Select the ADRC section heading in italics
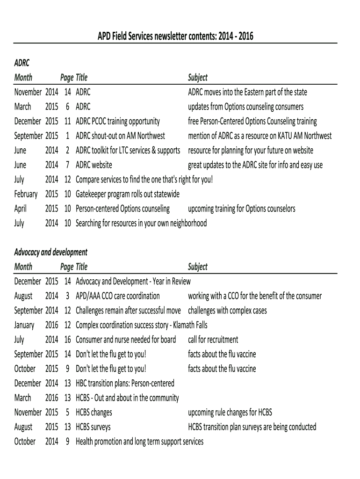coord(22,63)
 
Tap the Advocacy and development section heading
coord(50,252)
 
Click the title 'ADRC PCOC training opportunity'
coord(117,121)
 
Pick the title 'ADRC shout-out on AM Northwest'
coord(120,136)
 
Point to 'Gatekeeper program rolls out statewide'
coord(127,194)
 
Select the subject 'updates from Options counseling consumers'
coord(245,107)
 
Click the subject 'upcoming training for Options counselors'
coord(241,208)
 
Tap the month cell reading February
coord(26,194)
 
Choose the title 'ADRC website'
coord(94,165)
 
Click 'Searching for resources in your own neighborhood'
coord(141,223)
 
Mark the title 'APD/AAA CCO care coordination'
coord(117,296)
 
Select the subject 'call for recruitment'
coord(213,339)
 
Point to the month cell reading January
coord(24,325)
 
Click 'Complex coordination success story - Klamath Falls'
coord(141,325)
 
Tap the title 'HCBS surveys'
coord(93,427)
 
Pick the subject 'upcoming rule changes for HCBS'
coord(230,412)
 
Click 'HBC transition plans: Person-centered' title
coord(125,383)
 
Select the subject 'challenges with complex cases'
coord(227,310)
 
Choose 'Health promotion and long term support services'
coord(139,441)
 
